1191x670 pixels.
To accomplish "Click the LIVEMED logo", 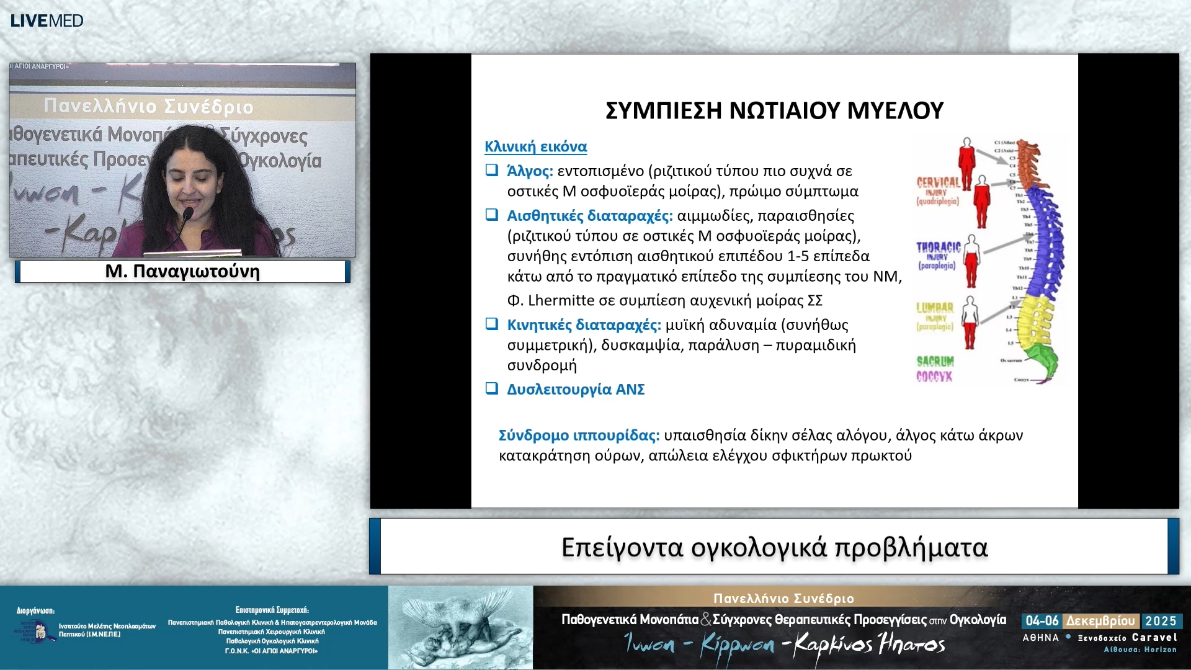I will tap(47, 20).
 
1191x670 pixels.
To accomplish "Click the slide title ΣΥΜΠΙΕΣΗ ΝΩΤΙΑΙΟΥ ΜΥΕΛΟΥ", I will tap(774, 110).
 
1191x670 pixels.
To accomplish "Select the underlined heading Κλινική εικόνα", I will tap(535, 147).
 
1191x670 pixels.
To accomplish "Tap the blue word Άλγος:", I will tap(530, 171).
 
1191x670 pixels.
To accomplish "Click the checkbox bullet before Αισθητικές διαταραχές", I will tap(491, 215).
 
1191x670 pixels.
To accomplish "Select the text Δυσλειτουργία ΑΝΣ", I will tap(576, 390).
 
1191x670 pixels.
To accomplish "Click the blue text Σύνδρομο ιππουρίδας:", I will tap(579, 435).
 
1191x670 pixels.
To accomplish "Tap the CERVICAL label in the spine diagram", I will tap(937, 182).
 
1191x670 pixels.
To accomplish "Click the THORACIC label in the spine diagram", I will tap(938, 247).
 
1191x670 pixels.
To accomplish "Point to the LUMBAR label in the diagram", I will tap(934, 308).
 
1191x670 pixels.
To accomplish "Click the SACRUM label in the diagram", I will tap(935, 361).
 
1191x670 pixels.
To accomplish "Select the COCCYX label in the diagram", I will tap(934, 377).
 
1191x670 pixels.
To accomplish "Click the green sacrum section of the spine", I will tap(1042, 359).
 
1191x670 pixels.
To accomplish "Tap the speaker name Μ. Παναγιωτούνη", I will tap(182, 272).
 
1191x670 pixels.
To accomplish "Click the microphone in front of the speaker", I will tap(187, 214).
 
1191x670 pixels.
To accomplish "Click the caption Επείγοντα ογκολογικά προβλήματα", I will tap(774, 547).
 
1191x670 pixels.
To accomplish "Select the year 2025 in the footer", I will tap(1161, 621).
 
